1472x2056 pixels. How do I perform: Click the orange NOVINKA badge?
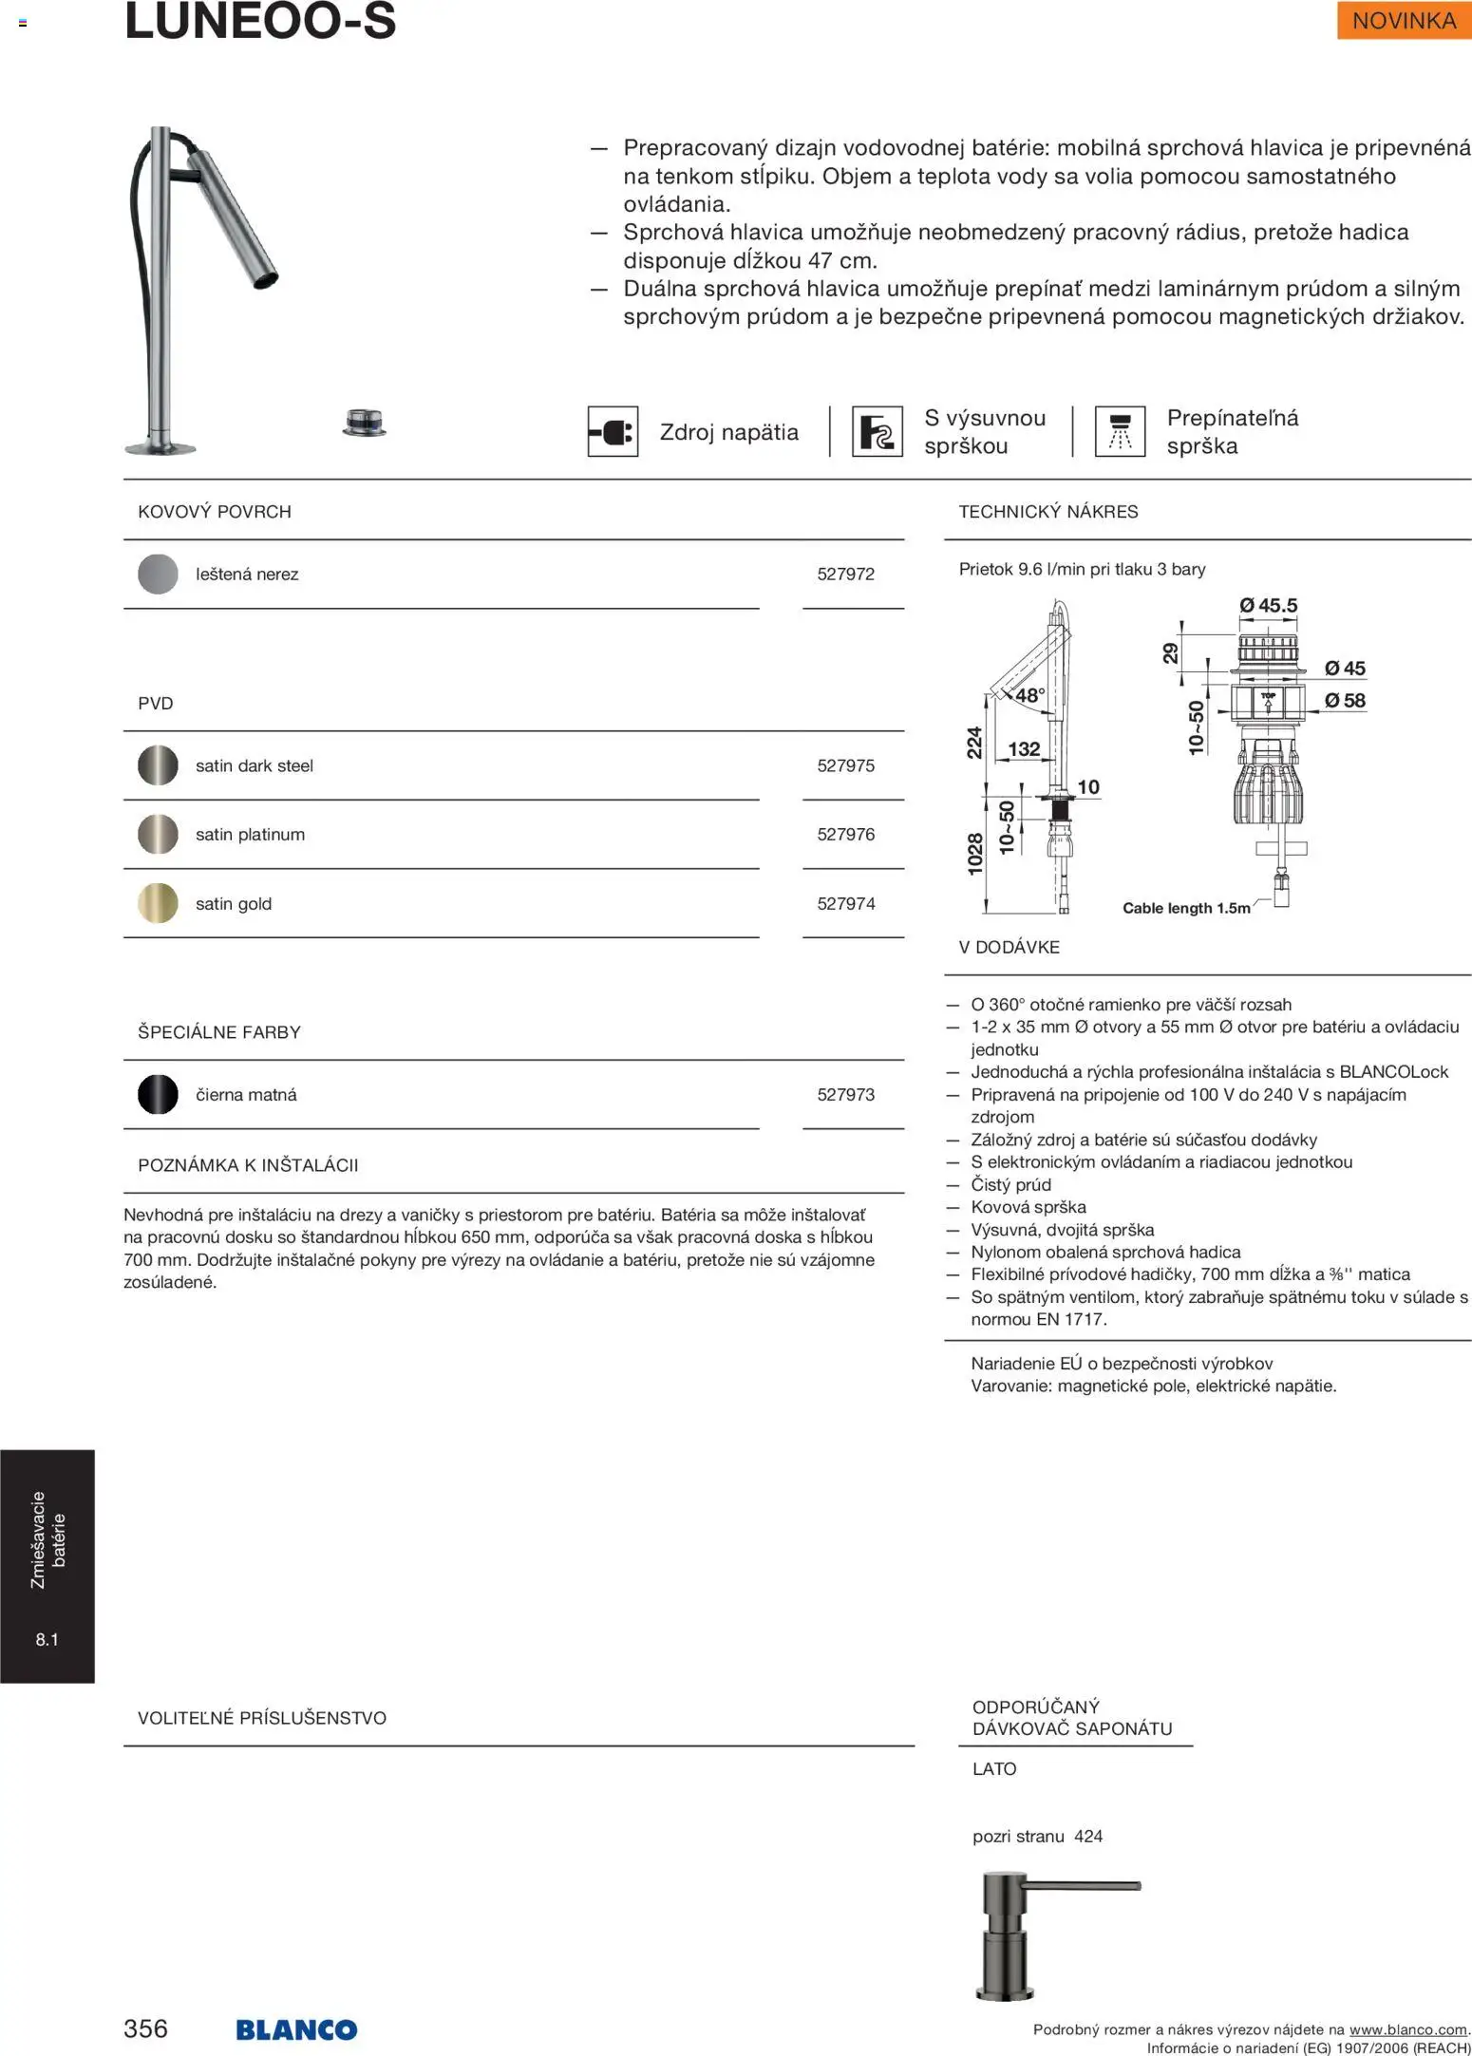click(x=1403, y=21)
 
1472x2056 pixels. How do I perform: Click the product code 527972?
click(x=845, y=574)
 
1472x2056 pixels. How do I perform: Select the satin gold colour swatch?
click(x=158, y=903)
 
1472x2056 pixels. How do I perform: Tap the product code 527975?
click(x=845, y=765)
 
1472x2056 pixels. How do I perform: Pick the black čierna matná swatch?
click(x=158, y=1094)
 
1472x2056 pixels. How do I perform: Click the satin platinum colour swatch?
click(x=158, y=834)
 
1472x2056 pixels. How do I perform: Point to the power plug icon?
click(x=613, y=432)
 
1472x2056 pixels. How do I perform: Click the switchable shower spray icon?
click(x=1120, y=432)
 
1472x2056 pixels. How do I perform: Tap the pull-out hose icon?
click(x=877, y=432)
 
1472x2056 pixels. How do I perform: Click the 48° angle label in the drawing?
click(x=1029, y=695)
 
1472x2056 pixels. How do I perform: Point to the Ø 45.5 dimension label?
click(x=1268, y=605)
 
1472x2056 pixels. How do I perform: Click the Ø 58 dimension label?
click(x=1345, y=700)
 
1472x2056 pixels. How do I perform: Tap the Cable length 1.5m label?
click(x=1186, y=908)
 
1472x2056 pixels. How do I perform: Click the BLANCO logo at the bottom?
click(x=296, y=2029)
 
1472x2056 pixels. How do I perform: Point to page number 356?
click(x=145, y=2028)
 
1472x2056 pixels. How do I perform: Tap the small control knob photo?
click(x=365, y=422)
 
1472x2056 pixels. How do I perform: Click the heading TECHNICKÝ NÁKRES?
click(x=1047, y=512)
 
